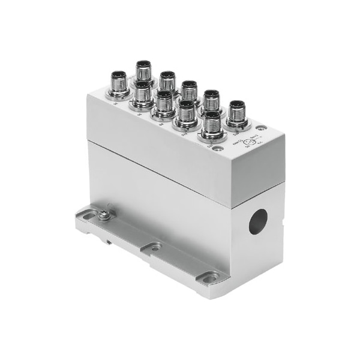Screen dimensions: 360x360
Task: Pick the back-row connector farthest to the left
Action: click(x=144, y=70)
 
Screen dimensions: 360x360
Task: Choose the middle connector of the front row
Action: click(x=164, y=103)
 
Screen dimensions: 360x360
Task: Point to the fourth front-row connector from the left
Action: click(x=187, y=113)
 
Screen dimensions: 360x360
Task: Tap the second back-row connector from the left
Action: click(x=167, y=80)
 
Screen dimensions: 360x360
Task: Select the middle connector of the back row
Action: click(x=190, y=89)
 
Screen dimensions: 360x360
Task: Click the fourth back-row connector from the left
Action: click(x=213, y=100)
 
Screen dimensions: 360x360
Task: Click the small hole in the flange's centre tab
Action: click(x=155, y=247)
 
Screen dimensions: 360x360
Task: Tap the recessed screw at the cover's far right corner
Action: click(x=262, y=128)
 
